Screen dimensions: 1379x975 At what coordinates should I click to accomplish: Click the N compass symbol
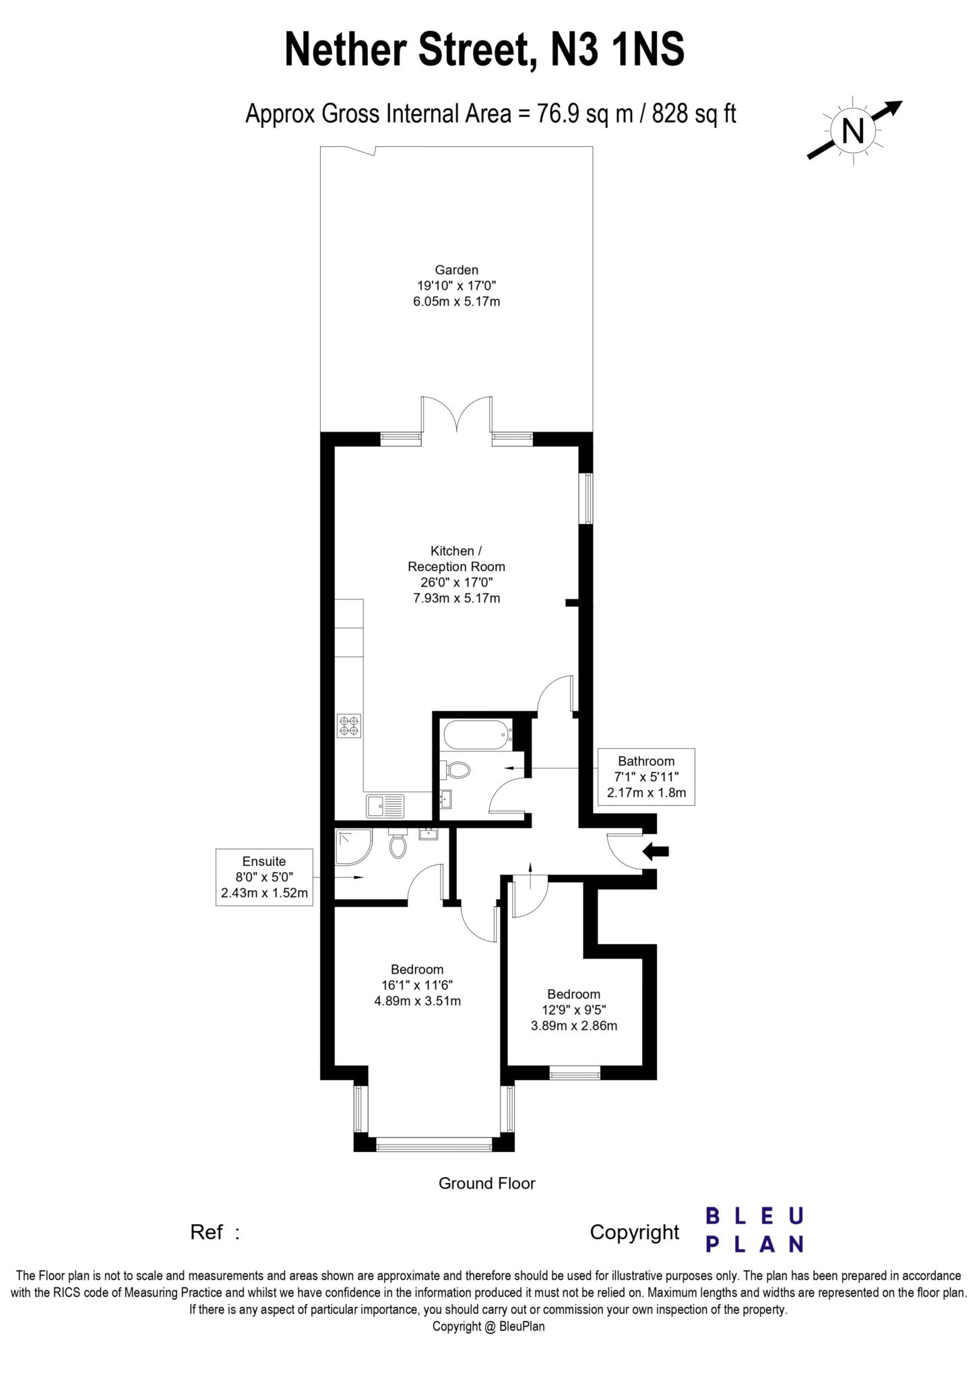853,130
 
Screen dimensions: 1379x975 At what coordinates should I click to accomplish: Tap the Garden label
456,271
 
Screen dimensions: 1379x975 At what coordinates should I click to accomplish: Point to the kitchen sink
385,805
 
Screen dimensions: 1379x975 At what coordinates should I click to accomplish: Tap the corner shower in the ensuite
354,846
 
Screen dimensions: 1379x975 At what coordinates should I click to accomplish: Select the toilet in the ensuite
398,844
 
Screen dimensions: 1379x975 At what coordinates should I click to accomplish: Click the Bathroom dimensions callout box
646,776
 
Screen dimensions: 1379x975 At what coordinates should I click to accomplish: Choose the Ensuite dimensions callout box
264,877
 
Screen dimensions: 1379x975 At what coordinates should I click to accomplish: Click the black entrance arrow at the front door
656,851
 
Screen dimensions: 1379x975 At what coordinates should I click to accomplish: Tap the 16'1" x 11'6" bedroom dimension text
417,985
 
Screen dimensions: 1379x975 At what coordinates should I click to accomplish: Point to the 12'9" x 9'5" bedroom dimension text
573,1010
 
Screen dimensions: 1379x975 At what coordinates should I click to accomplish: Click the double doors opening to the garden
457,414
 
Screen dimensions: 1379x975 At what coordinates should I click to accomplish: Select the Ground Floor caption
486,1182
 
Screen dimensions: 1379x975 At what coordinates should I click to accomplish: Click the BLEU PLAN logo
754,1230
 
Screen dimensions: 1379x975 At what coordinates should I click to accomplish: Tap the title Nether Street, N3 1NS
484,51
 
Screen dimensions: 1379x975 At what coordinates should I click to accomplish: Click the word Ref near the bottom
206,1232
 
